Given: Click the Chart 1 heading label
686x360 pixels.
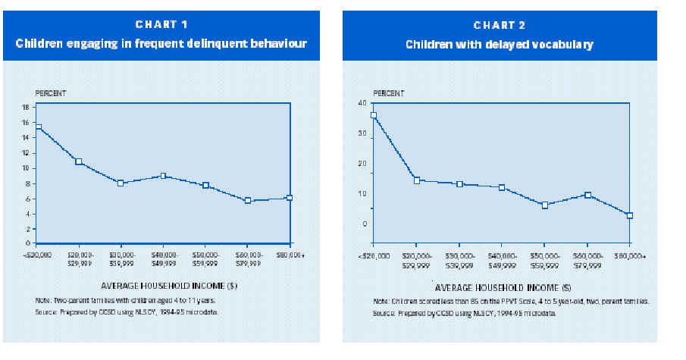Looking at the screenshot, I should point(161,24).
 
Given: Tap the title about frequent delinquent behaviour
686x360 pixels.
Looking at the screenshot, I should point(161,44).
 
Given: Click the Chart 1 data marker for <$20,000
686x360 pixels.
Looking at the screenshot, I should point(38,127).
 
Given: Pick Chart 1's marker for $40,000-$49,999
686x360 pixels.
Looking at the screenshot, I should point(163,176).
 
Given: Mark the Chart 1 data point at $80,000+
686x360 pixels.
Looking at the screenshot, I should point(290,198).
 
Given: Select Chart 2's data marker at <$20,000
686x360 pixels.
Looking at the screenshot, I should point(373,115).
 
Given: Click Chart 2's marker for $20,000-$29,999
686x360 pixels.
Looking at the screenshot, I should point(417,180).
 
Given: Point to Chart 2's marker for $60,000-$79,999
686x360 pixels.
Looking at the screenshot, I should point(587,196).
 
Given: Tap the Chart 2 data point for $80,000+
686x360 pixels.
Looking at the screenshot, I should point(629,215).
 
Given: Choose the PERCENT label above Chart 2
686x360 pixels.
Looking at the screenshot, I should point(390,93).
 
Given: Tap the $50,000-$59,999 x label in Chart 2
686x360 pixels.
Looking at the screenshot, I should point(544,260).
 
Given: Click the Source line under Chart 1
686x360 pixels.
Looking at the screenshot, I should point(121,311).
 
